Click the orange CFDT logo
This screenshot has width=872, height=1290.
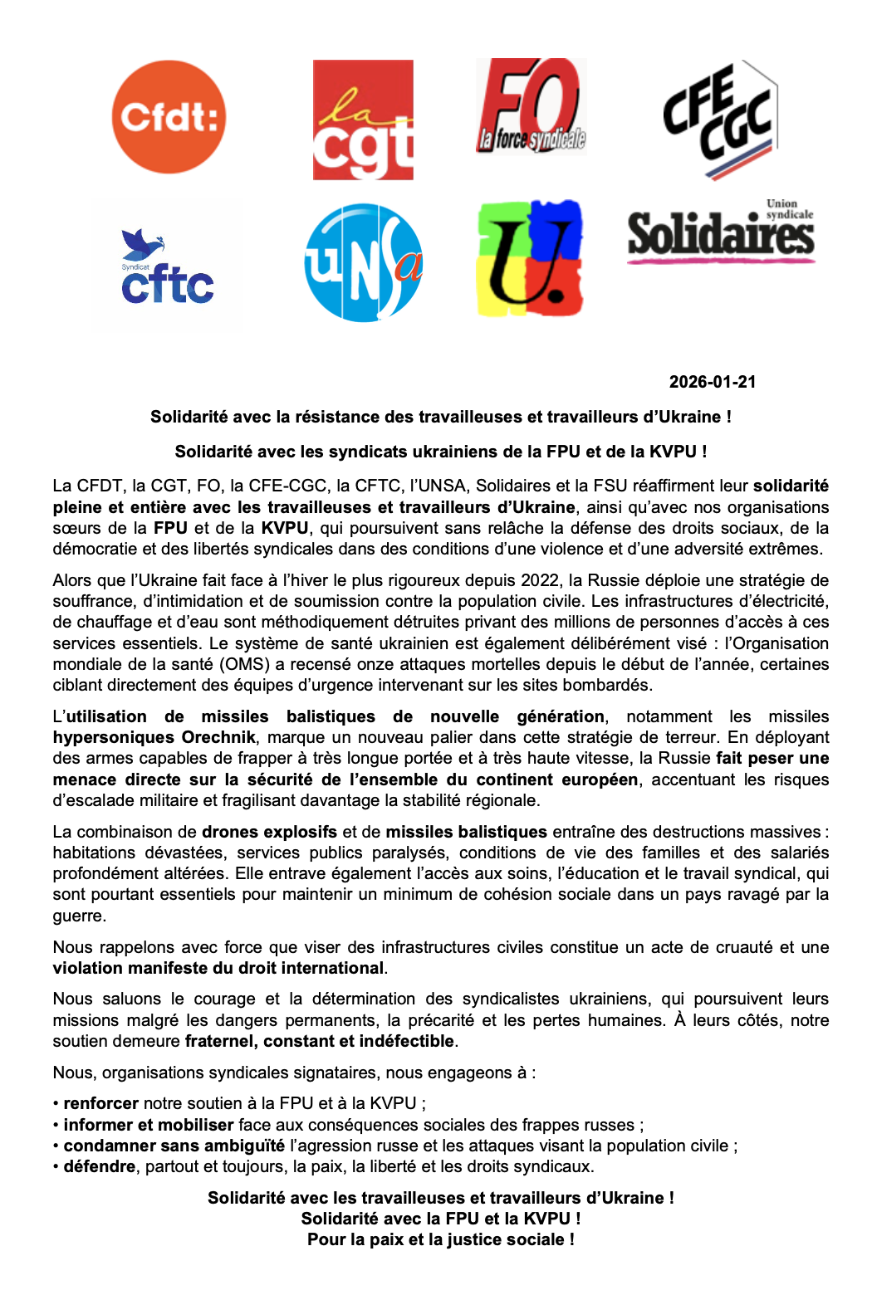pos(169,117)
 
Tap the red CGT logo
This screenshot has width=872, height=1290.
pos(363,120)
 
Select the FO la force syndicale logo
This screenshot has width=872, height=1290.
pos(532,106)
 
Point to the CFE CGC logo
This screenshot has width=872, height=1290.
pos(720,119)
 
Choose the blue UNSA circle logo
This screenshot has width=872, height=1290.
pos(364,262)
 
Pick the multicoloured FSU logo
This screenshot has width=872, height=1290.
pos(531,258)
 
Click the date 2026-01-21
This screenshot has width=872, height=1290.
pos(713,382)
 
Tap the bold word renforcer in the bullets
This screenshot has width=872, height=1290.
pos(101,1103)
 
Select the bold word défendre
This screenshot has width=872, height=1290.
pos(100,1166)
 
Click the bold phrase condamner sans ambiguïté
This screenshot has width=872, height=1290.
pos(174,1146)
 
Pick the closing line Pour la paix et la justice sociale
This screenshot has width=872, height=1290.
pos(440,1239)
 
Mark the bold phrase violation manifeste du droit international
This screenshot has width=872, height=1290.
pos(218,968)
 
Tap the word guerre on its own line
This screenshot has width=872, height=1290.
pos(79,916)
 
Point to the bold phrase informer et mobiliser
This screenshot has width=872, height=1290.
pos(149,1125)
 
